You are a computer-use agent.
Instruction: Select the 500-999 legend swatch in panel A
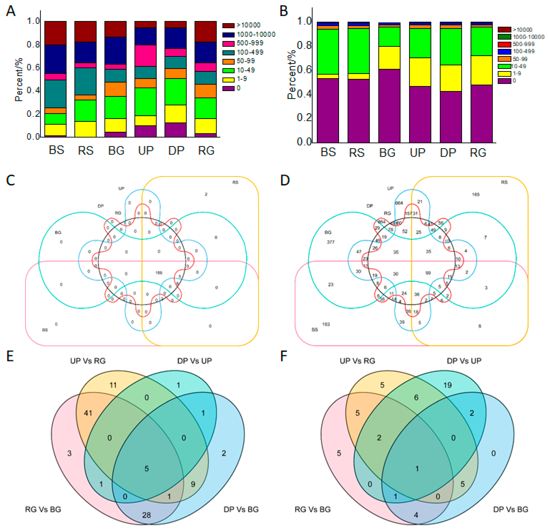click(228, 43)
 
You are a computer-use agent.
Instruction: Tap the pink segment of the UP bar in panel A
click(145, 55)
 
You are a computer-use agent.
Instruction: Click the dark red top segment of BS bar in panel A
click(55, 33)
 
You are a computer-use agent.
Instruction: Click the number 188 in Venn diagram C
click(159, 273)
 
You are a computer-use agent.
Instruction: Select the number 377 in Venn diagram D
click(331, 242)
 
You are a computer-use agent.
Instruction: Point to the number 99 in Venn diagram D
click(428, 273)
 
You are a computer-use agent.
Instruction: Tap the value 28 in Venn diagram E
click(147, 515)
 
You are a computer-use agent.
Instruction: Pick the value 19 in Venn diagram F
click(447, 385)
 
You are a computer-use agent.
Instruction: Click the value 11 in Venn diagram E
click(113, 385)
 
